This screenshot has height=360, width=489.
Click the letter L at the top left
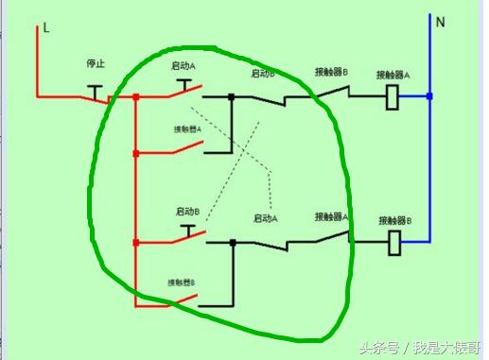click(45, 29)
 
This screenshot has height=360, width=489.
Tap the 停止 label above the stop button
click(95, 64)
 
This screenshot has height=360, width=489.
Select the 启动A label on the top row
click(183, 66)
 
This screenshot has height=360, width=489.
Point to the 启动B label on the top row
click(263, 73)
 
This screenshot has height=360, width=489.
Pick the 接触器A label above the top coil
click(393, 74)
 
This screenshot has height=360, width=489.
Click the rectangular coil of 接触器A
click(393, 95)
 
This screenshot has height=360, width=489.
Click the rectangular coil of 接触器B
click(396, 243)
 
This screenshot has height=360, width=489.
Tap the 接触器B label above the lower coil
click(396, 220)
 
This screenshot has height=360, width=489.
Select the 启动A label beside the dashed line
click(266, 218)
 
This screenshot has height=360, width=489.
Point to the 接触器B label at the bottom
click(182, 282)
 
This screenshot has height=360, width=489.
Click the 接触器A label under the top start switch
click(187, 129)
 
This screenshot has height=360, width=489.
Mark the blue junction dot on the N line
click(430, 96)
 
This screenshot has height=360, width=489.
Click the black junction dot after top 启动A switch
click(232, 96)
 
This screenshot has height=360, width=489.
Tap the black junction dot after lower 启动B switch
click(234, 243)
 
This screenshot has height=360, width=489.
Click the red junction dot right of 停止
click(137, 96)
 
